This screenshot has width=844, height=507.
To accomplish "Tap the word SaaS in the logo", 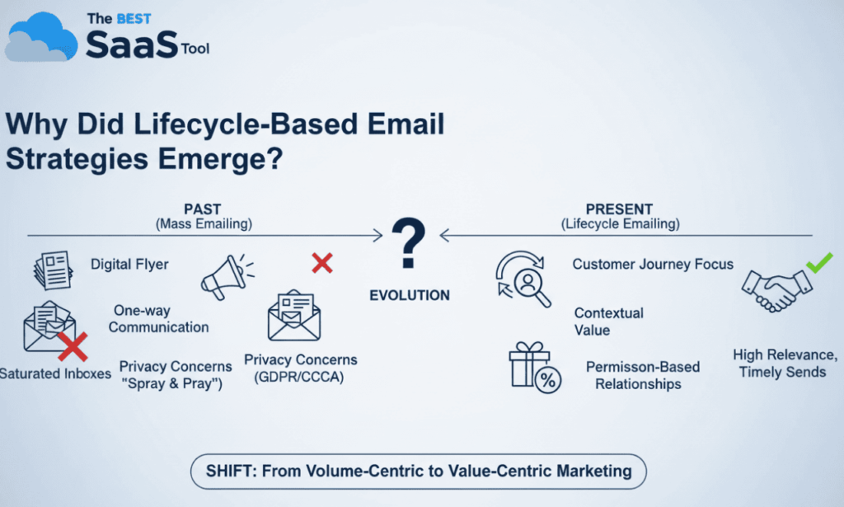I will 131,45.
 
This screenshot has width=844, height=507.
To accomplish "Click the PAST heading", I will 202,210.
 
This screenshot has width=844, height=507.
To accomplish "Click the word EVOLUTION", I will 410,295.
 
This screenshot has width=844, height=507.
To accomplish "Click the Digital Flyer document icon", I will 54,269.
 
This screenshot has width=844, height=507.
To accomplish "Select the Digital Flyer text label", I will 129,265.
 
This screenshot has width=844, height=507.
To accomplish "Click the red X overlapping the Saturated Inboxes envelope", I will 73,347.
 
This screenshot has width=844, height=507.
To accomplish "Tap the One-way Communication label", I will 158,319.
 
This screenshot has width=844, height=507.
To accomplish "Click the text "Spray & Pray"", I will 172,383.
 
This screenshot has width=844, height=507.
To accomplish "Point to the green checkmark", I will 818,263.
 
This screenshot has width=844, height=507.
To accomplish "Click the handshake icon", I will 776,288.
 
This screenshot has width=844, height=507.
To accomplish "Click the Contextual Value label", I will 608,322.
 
